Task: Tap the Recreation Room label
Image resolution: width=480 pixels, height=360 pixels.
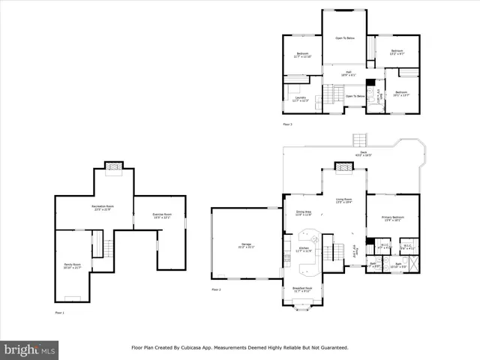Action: click(102, 207)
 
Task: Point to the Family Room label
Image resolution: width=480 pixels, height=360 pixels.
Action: click(72, 265)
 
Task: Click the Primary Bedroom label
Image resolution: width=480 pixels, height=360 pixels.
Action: click(392, 219)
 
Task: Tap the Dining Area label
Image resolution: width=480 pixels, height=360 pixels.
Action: click(304, 213)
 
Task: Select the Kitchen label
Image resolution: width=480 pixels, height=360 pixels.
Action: click(304, 248)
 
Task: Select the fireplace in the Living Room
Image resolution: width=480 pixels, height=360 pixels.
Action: click(343, 166)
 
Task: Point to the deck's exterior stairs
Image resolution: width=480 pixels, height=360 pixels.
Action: click(361, 140)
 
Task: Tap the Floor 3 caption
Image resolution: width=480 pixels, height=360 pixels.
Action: click(287, 124)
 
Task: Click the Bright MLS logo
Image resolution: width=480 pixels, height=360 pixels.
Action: click(30, 349)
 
